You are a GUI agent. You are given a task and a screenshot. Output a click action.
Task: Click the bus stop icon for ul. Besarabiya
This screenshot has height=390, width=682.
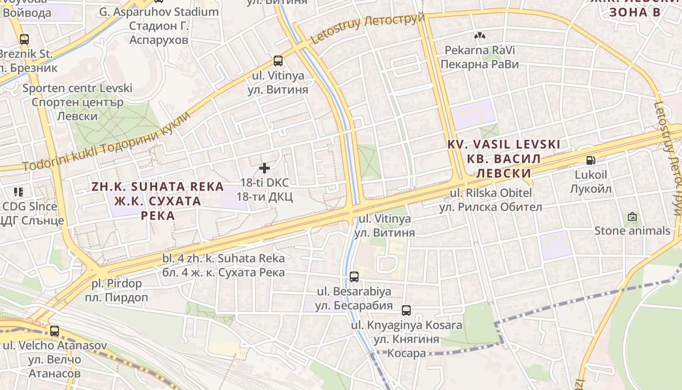[x=354, y=277]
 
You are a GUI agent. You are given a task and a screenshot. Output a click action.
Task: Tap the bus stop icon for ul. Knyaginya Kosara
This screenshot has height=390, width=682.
[x=406, y=310]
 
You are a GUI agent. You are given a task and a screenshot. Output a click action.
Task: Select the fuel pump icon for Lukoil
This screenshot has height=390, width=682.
[x=590, y=160]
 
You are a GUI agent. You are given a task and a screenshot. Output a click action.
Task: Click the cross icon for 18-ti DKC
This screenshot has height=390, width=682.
[x=265, y=168]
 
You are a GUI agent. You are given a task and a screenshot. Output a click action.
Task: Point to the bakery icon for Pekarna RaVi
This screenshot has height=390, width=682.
[x=479, y=36]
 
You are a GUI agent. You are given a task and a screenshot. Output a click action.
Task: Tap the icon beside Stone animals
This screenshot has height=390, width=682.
[x=632, y=216]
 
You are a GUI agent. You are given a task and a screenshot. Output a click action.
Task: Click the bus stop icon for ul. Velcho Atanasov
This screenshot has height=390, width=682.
[x=55, y=331]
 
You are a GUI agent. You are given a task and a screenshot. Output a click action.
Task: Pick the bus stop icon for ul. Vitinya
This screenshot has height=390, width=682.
[x=278, y=61]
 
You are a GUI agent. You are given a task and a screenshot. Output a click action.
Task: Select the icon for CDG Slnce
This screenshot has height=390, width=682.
[x=19, y=192]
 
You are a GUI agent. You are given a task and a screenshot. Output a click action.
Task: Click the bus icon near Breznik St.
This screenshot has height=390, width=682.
[x=24, y=39]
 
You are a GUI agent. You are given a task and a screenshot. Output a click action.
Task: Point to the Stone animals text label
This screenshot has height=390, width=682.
[x=632, y=231]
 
